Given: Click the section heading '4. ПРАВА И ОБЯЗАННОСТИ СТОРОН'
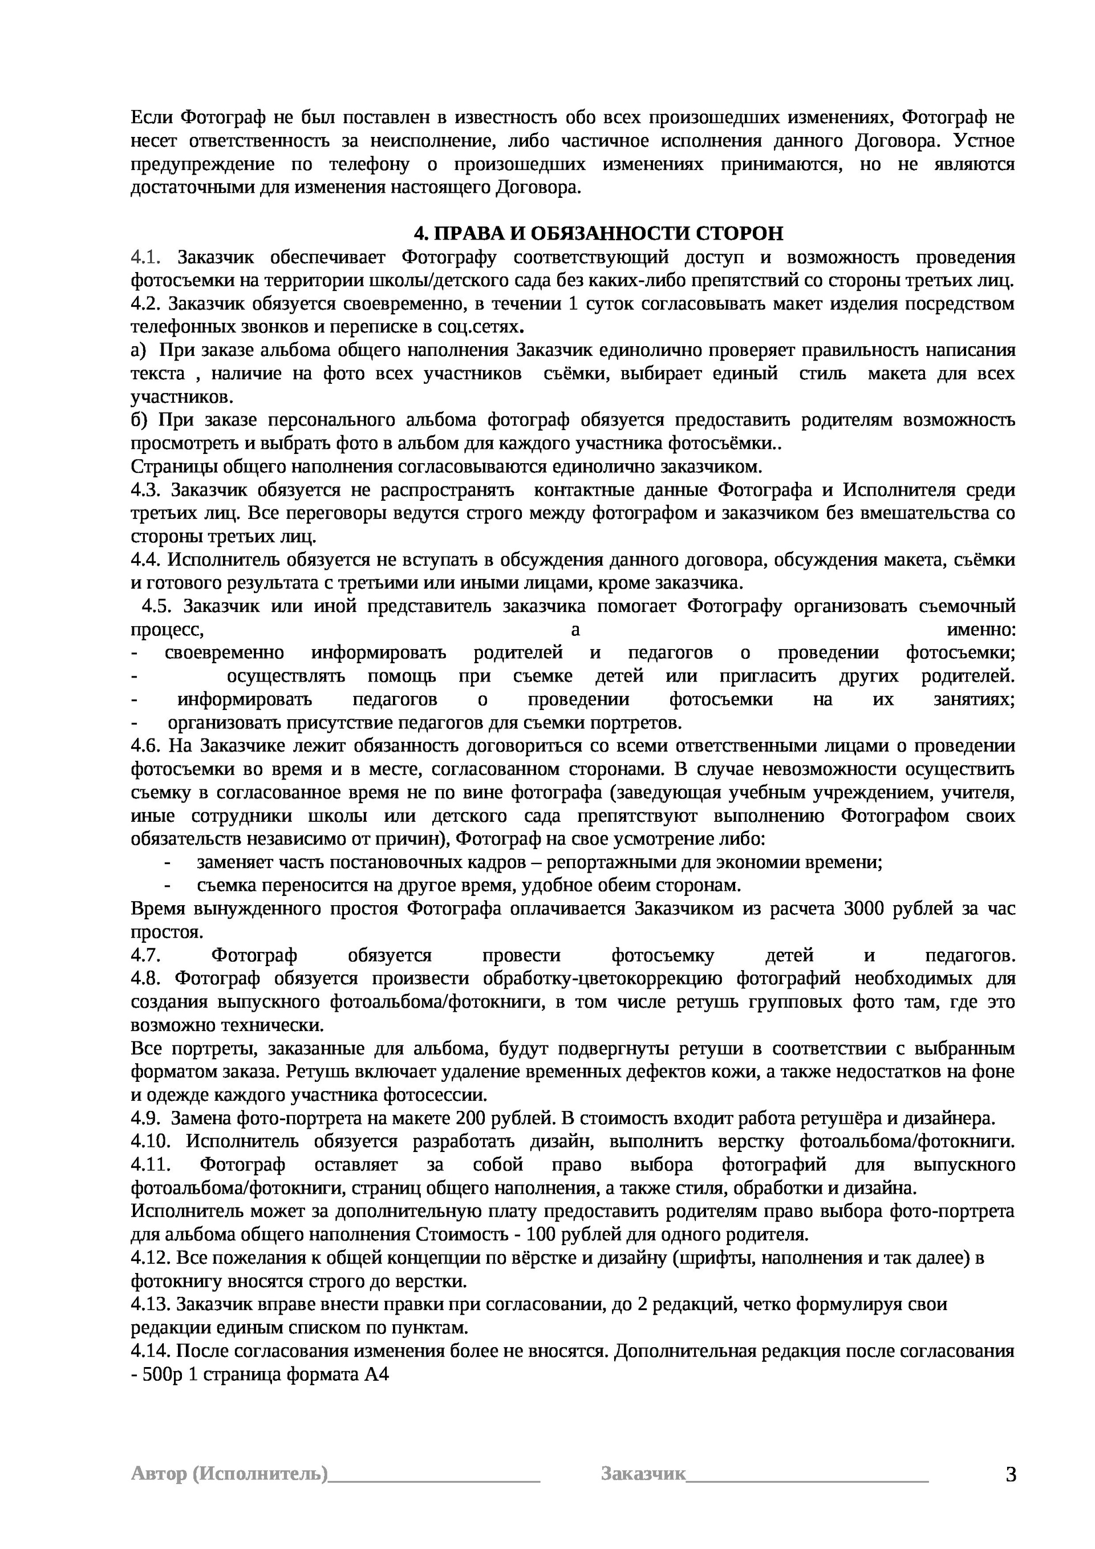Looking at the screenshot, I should coord(598,233).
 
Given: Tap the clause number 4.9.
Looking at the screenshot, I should coord(145,1118).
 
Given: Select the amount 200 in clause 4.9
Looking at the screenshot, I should coord(471,1118).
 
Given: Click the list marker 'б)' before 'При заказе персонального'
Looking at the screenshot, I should coord(139,420).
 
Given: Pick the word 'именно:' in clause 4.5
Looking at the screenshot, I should coord(982,630).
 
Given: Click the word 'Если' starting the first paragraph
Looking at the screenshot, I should coord(152,117).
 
